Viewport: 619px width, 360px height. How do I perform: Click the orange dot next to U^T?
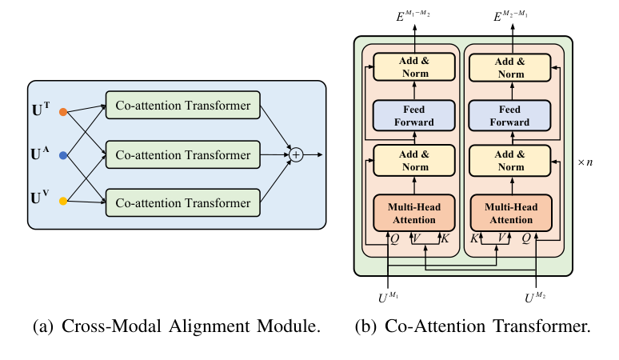(x=63, y=113)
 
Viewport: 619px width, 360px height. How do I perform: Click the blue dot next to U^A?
(x=63, y=154)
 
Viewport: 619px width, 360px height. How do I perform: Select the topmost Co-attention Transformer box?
(x=182, y=106)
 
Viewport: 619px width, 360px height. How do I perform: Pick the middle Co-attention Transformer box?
(x=182, y=154)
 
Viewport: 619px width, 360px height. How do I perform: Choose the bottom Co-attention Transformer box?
(x=182, y=203)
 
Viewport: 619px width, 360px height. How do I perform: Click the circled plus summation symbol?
(x=296, y=154)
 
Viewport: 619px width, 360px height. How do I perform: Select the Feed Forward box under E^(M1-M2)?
(x=414, y=117)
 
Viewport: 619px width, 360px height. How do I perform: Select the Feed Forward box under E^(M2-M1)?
(x=510, y=117)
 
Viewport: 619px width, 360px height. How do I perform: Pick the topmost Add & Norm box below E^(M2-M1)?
(x=510, y=68)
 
